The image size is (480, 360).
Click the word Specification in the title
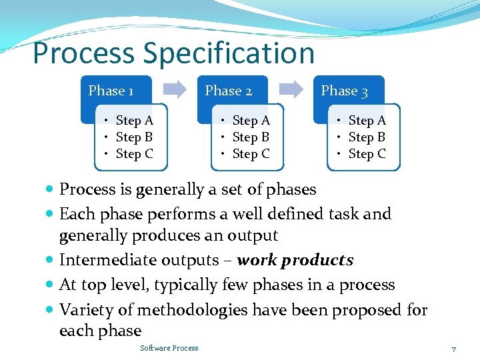[229, 53]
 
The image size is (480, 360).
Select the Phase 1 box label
[111, 91]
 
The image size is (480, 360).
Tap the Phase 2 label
[228, 91]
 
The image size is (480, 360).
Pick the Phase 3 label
[344, 91]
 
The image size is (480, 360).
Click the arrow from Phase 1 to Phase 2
[175, 90]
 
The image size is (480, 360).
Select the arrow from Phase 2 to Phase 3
[291, 90]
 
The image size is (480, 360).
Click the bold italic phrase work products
[295, 260]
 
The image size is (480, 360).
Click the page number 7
[453, 349]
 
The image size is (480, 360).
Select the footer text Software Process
[169, 348]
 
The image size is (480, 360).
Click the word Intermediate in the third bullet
[101, 260]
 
